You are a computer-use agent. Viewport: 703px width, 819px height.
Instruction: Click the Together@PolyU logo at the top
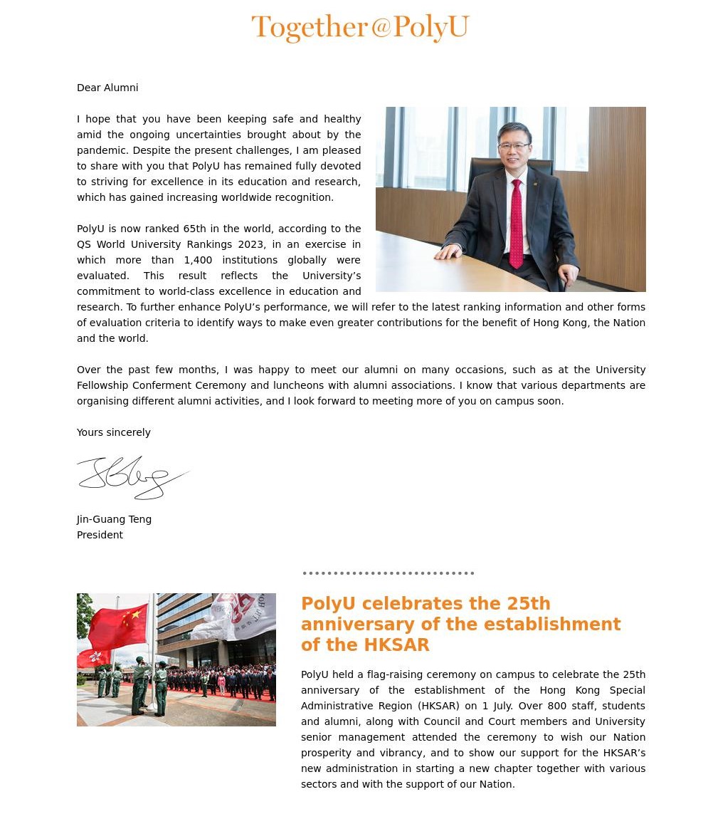tap(360, 28)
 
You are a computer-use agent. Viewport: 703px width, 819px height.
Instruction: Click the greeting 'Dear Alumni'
tap(107, 88)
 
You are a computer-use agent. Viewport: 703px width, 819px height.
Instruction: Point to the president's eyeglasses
tap(514, 146)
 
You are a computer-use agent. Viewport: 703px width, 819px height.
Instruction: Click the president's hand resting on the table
tap(449, 251)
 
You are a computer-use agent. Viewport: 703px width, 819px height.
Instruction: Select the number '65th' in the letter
tap(194, 229)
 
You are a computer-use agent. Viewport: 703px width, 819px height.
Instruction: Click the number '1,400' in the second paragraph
tap(198, 260)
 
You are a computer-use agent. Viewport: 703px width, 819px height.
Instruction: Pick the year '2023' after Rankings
tap(251, 244)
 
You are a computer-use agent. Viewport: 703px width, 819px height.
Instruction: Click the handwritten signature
tap(132, 476)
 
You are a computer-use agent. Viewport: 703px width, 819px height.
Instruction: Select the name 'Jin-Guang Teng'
tap(114, 519)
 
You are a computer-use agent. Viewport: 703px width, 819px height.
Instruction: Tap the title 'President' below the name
tap(100, 535)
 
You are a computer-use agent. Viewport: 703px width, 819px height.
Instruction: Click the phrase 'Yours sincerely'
tap(114, 432)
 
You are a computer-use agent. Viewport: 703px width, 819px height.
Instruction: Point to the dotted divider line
tap(388, 573)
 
